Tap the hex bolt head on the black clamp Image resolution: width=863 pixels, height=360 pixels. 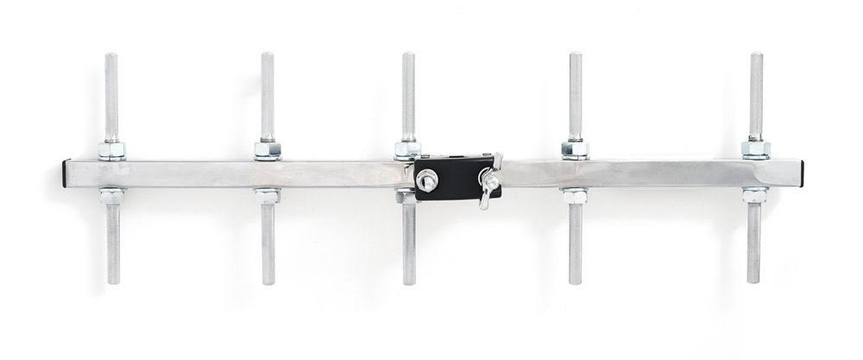[x=425, y=180]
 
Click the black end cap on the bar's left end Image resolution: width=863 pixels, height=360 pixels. [x=66, y=174]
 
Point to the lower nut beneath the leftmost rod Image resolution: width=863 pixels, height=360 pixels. [x=111, y=196]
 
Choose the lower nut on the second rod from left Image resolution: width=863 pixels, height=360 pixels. [x=267, y=196]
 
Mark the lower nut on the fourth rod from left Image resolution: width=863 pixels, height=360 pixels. [x=575, y=196]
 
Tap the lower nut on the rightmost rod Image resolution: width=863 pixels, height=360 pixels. [x=755, y=195]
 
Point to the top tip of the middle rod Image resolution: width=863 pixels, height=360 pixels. [x=407, y=56]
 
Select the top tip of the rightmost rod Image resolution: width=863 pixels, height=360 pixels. [x=756, y=56]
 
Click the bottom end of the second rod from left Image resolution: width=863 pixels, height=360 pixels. [x=268, y=281]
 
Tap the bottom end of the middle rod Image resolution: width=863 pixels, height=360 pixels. [x=408, y=282]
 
